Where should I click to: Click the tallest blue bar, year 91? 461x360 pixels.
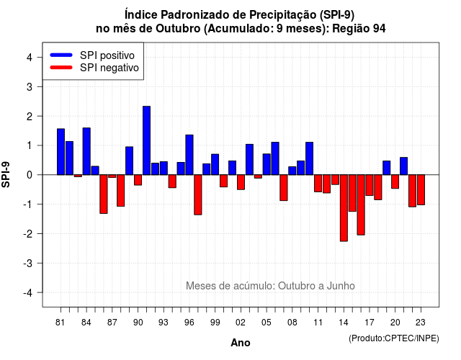146,140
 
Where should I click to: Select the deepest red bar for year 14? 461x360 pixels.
344,208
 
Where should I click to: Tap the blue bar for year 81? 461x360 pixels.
61,152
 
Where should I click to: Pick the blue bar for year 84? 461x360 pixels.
86,151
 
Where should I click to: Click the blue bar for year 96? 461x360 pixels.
189,155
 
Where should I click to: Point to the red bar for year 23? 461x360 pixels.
421,190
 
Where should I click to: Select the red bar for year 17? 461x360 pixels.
370,185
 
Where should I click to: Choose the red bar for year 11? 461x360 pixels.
318,184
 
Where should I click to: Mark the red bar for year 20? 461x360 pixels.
395,181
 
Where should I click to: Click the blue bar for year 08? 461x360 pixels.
292,171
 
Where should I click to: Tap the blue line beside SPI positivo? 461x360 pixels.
61,55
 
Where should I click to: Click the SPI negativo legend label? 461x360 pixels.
109,68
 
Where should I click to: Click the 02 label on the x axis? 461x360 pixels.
241,323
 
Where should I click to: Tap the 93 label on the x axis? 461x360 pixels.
164,323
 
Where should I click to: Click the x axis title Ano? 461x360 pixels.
241,343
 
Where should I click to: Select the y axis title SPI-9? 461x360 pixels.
6,174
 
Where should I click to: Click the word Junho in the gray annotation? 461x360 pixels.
341,286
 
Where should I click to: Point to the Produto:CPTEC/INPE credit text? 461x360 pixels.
394,338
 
